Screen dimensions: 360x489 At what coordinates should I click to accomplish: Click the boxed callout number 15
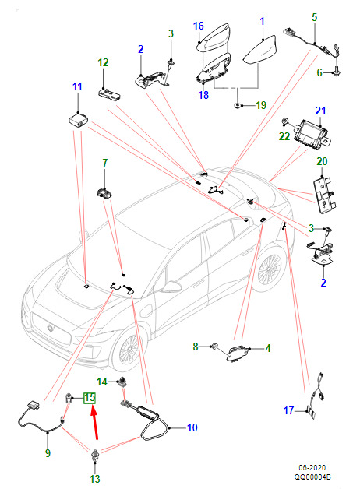click(90, 398)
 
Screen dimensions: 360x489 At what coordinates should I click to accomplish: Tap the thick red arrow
click(95, 424)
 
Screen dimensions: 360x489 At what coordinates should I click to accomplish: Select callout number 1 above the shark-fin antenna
click(262, 21)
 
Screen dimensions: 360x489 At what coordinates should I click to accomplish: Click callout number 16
click(199, 26)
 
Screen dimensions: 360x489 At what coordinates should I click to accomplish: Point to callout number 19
click(261, 105)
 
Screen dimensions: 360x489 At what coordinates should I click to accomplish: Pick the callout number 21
click(320, 111)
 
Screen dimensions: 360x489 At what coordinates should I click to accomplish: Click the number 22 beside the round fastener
click(284, 136)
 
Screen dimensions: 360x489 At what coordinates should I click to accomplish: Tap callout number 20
click(322, 161)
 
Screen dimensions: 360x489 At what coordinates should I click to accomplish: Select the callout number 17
click(288, 410)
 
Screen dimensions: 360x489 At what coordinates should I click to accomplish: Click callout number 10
click(192, 427)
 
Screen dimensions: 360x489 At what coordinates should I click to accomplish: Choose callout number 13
click(94, 479)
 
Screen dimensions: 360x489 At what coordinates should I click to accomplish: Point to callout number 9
click(48, 453)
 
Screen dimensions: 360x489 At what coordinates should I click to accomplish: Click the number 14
click(102, 382)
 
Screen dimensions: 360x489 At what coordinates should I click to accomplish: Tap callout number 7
click(105, 163)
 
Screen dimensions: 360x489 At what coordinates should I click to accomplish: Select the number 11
click(77, 86)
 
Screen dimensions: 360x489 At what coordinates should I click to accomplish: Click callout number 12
click(103, 63)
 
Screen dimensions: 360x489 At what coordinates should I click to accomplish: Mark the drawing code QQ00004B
click(312, 477)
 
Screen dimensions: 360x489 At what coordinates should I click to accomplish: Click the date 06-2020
click(312, 468)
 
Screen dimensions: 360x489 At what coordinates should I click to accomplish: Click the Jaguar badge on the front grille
click(50, 327)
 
